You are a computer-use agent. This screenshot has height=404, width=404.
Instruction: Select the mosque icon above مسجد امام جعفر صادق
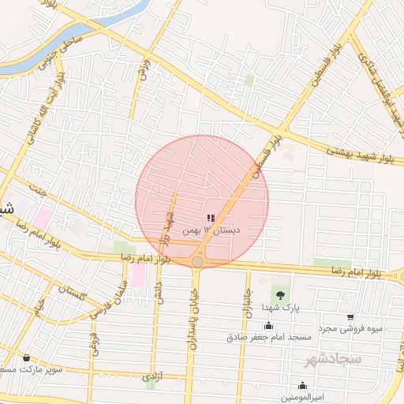coord(268,326)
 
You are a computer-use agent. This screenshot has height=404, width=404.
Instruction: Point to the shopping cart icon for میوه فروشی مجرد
coord(350,317)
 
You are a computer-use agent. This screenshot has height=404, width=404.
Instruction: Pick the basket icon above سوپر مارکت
coord(26,357)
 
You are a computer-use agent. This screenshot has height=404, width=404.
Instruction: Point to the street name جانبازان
coord(246,302)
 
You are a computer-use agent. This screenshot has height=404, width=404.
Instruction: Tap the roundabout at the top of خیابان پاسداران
coord(197,260)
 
